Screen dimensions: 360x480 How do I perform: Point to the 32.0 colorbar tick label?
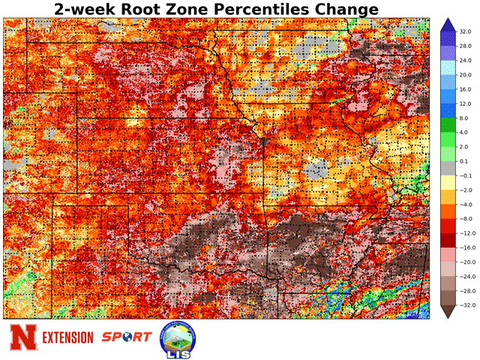pyautogui.click(x=465, y=33)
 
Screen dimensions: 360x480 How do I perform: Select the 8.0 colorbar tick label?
pyautogui.click(x=465, y=118)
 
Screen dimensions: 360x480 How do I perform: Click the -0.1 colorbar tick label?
pyautogui.click(x=465, y=175)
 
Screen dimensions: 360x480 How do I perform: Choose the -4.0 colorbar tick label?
pyautogui.click(x=465, y=204)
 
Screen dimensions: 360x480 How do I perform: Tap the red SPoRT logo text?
pyautogui.click(x=125, y=337)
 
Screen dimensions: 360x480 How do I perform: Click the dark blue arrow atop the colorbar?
pyautogui.click(x=445, y=27)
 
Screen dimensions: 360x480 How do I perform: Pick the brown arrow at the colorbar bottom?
pyautogui.click(x=445, y=310)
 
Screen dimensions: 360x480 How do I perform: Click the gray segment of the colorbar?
pyautogui.click(x=445, y=168)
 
